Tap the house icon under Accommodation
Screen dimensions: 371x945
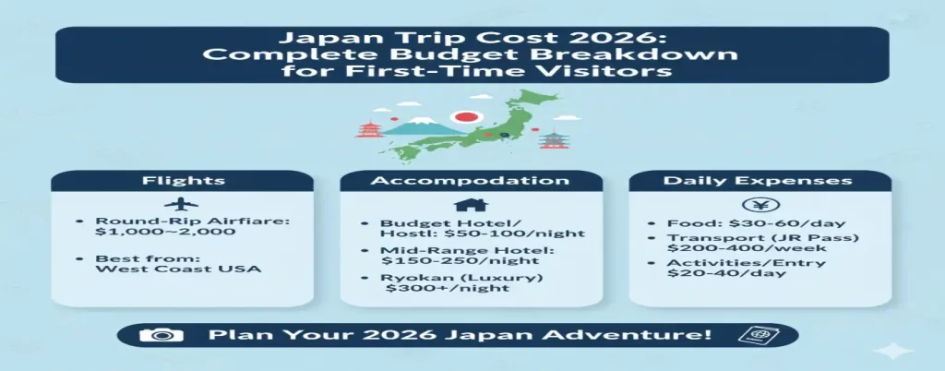(x=472, y=204)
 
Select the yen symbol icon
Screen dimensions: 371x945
(x=760, y=204)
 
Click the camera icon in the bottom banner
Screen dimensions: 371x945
(x=156, y=333)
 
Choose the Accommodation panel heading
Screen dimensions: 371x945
(x=472, y=180)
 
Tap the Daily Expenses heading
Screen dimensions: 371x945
(x=760, y=180)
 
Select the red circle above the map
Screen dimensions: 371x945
(x=466, y=118)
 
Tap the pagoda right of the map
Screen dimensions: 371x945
(x=553, y=140)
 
